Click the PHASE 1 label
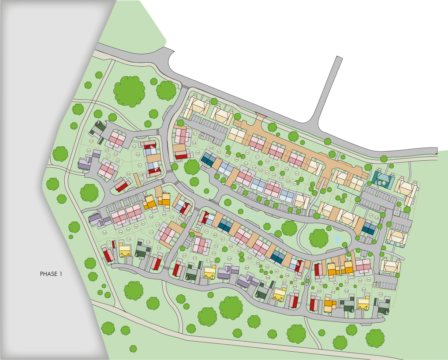point(52,274)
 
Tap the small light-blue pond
point(337,240)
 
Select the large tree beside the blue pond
point(318,238)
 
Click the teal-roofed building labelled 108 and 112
point(382,179)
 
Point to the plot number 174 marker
point(159,248)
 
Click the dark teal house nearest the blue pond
point(368,228)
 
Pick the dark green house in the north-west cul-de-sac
point(98,128)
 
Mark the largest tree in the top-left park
point(129,91)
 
